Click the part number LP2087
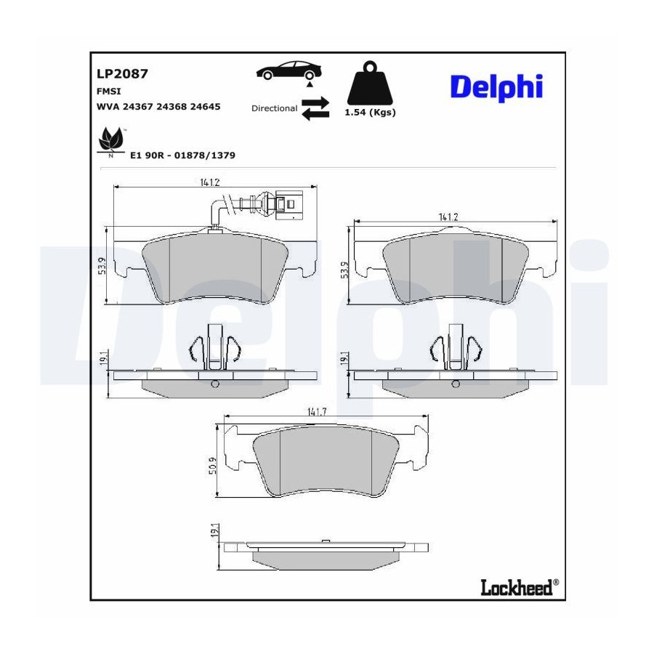122,74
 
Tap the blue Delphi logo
496,87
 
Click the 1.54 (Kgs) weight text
370,112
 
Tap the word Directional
274,108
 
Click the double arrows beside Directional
315,109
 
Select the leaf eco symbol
110,140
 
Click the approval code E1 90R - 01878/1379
182,156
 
